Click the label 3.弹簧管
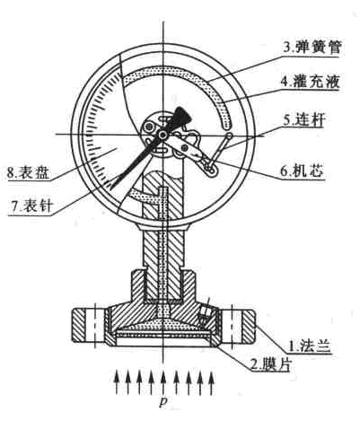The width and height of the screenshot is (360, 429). (312, 48)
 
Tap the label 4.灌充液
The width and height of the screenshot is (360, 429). (310, 81)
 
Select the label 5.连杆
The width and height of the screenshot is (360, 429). (303, 120)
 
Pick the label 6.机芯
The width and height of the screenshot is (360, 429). (302, 171)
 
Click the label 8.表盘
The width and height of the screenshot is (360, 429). (28, 172)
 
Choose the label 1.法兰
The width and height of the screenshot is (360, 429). (309, 346)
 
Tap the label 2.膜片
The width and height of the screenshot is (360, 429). (271, 364)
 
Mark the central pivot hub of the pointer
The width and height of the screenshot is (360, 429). (162, 135)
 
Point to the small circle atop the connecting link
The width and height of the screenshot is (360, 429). (229, 136)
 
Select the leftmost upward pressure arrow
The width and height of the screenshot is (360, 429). (117, 382)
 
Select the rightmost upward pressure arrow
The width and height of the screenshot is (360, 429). (212, 382)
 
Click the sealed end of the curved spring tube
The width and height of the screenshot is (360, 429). (227, 125)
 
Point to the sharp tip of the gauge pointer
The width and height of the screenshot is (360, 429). (109, 189)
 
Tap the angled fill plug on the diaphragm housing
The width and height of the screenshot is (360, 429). (204, 314)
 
